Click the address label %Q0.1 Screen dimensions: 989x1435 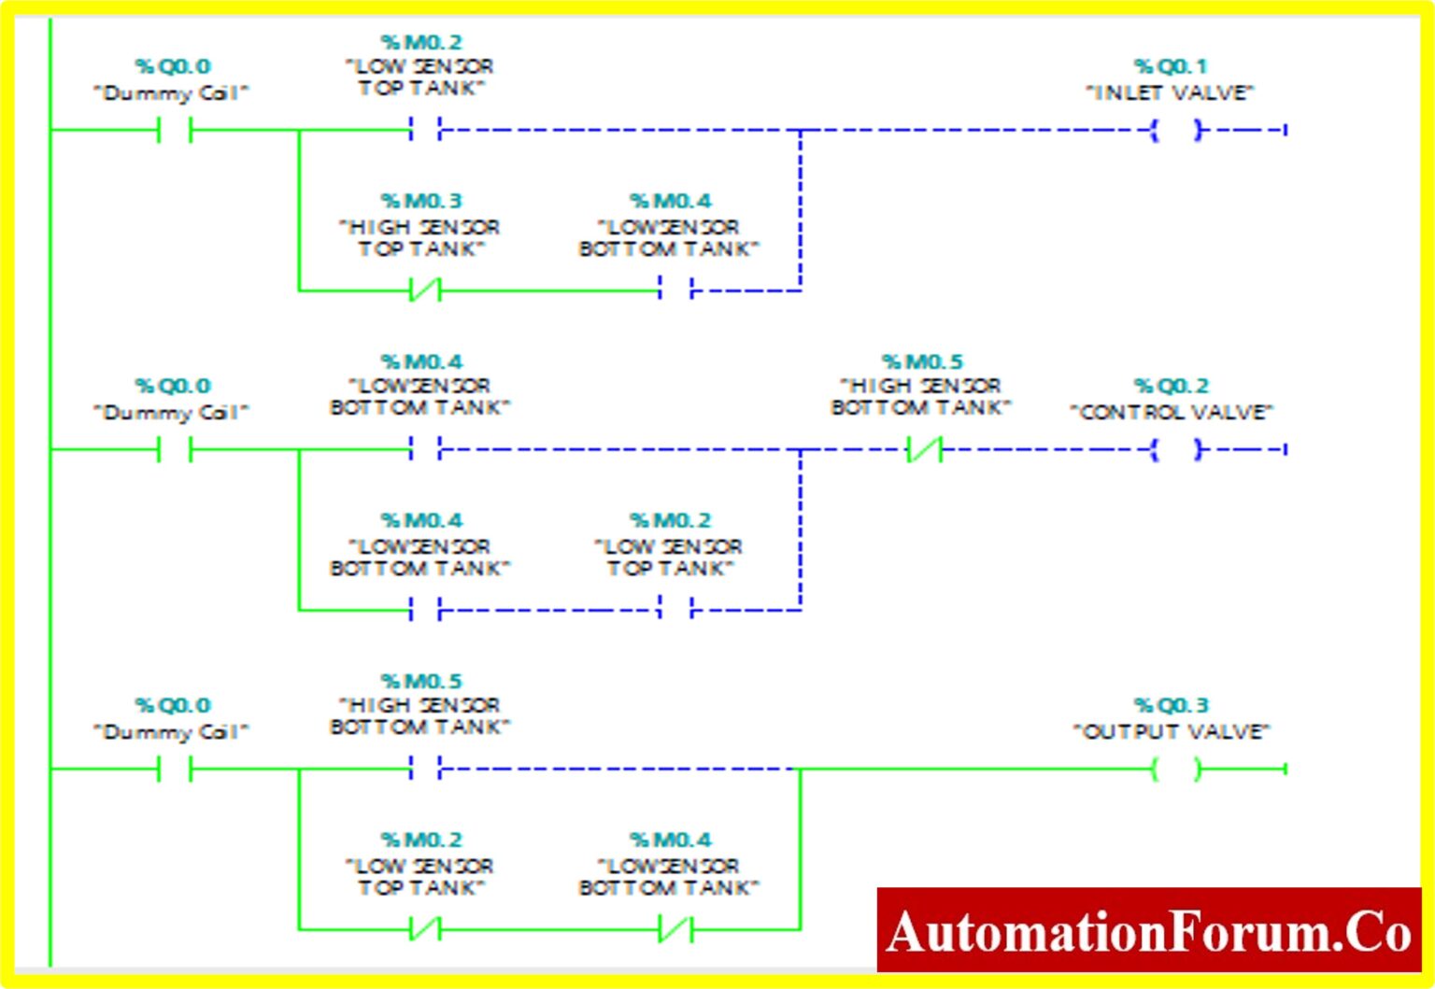tap(1171, 66)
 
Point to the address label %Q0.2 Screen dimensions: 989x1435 tap(1171, 386)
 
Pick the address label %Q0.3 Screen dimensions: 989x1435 tap(1171, 705)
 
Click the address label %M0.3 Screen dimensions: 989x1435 tap(421, 201)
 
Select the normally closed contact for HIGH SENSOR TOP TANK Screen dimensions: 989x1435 tap(425, 290)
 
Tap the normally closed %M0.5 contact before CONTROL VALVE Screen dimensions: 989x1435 tap(924, 450)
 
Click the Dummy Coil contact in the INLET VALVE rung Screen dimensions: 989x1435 tap(175, 130)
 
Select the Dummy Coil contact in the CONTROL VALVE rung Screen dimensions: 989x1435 tap(175, 450)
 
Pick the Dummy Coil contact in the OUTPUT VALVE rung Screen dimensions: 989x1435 tap(175, 770)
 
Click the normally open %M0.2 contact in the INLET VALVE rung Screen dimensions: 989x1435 tap(425, 130)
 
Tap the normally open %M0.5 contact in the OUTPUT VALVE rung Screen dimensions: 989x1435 tap(425, 770)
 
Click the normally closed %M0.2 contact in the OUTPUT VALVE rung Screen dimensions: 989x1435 tap(425, 929)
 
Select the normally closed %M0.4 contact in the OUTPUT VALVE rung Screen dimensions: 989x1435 tap(675, 929)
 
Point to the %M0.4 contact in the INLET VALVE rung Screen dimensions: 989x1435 tap(675, 290)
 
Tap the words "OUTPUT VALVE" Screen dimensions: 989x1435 tap(1171, 731)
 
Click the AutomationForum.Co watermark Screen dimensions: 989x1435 tap(1148, 931)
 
